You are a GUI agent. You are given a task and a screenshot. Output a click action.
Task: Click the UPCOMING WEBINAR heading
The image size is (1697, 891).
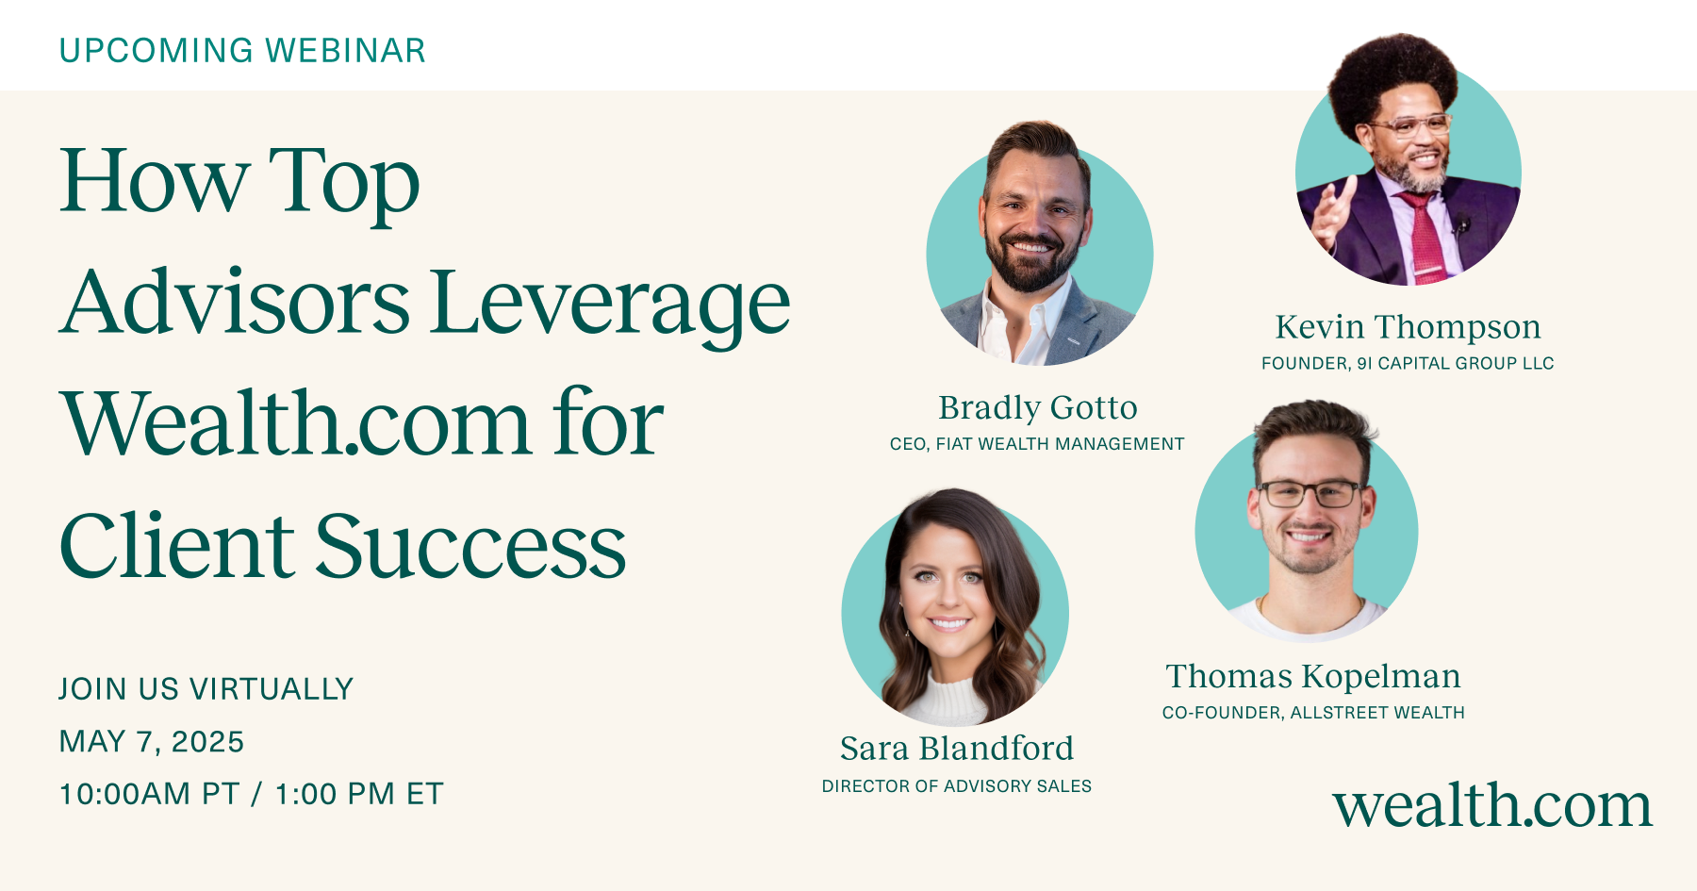[242, 51]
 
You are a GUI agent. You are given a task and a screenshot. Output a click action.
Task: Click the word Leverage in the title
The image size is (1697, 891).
[610, 304]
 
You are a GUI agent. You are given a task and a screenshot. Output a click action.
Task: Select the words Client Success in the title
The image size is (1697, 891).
[342, 546]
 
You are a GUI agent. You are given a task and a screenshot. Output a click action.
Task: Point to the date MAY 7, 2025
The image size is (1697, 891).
[152, 742]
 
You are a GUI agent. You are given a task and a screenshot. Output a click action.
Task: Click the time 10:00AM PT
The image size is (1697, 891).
[149, 794]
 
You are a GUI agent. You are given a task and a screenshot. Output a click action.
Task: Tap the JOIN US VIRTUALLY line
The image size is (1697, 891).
[206, 689]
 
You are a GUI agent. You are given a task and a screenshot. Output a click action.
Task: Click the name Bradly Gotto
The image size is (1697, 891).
[1037, 407]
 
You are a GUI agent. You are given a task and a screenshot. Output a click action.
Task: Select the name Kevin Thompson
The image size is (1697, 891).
[1408, 327]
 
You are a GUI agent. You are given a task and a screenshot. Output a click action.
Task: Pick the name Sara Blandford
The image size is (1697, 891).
[956, 749]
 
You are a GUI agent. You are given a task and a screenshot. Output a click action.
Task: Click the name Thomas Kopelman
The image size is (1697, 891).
[1312, 676]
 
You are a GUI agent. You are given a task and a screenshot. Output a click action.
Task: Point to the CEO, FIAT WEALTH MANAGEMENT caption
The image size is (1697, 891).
[1036, 444]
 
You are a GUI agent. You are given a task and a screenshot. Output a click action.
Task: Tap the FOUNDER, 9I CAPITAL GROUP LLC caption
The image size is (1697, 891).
[1407, 364]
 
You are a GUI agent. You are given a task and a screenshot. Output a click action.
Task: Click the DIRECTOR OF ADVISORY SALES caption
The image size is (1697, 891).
[956, 786]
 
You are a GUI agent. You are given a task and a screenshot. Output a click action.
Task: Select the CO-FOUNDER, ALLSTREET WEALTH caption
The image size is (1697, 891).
[1312, 713]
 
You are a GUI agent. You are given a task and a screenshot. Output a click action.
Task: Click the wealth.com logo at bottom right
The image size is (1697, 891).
[1491, 806]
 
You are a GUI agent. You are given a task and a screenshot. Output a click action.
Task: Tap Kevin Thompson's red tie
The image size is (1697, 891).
[1424, 236]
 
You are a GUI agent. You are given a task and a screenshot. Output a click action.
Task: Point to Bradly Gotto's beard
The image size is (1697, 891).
[1030, 269]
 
